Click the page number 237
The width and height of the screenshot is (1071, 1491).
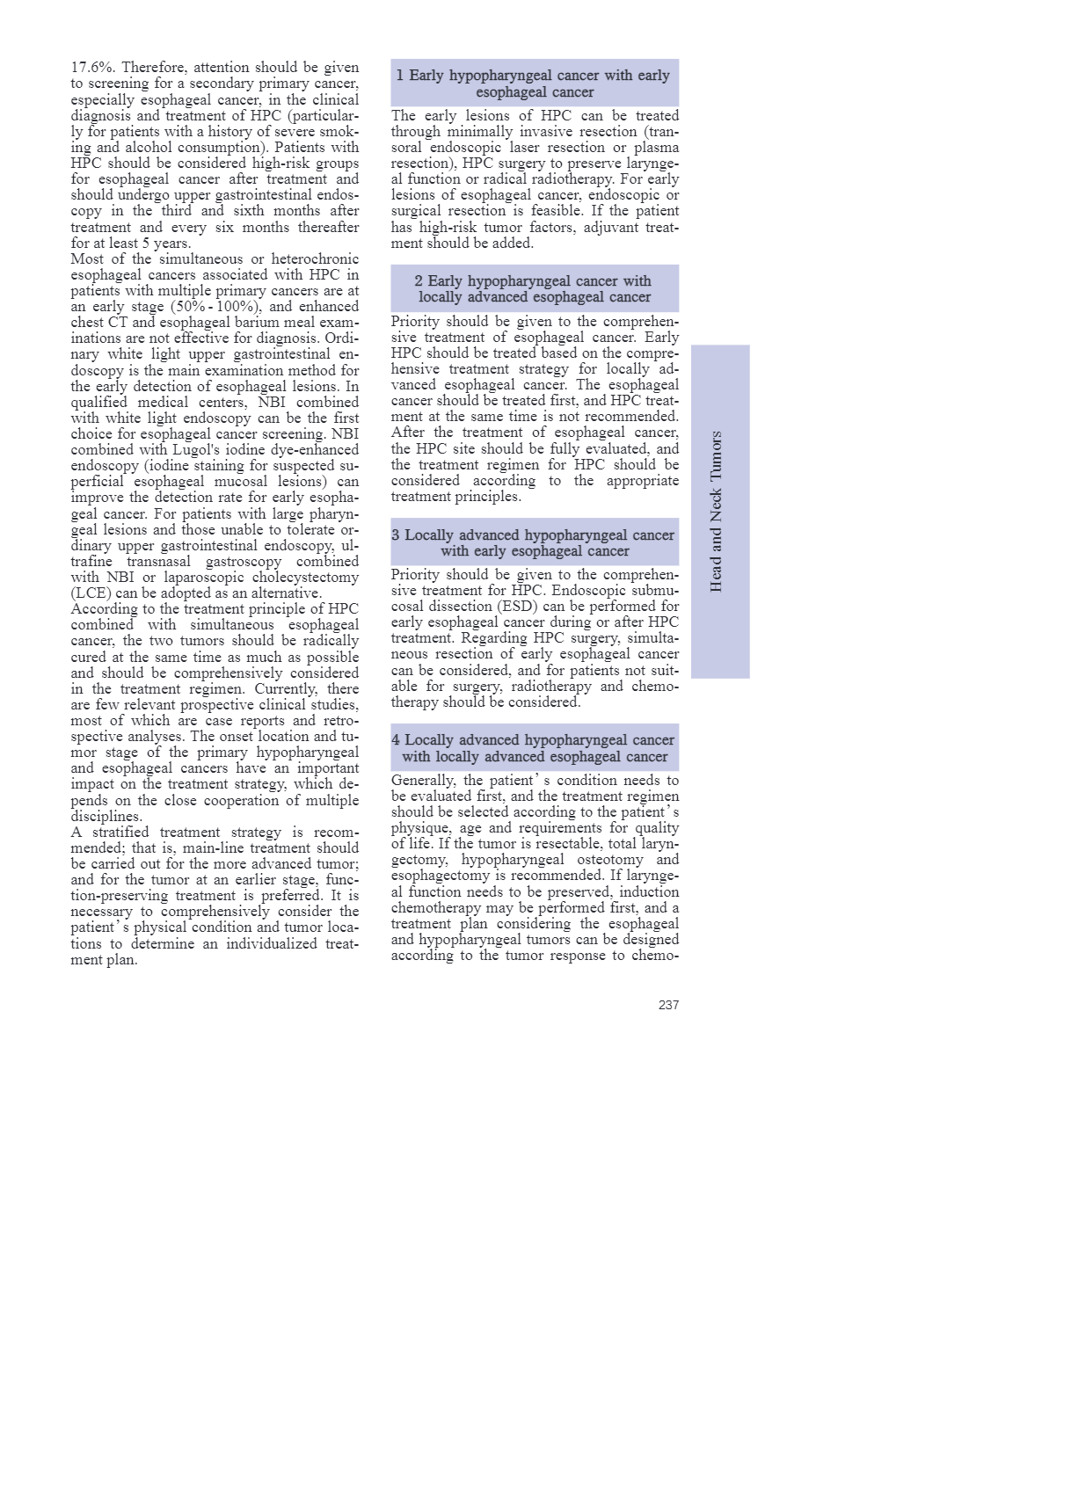tap(668, 1005)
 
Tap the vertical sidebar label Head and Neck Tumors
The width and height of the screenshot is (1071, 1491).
tap(717, 512)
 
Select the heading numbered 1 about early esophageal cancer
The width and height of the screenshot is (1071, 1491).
tap(535, 84)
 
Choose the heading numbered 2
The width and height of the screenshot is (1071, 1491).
tap(535, 289)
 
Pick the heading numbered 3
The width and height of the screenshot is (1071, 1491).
tap(535, 542)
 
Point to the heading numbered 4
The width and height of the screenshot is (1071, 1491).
tap(535, 748)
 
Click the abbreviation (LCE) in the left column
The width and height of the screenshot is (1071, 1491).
tap(91, 593)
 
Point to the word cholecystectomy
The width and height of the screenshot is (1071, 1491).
tap(300, 578)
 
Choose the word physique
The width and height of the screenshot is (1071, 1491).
tap(420, 828)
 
